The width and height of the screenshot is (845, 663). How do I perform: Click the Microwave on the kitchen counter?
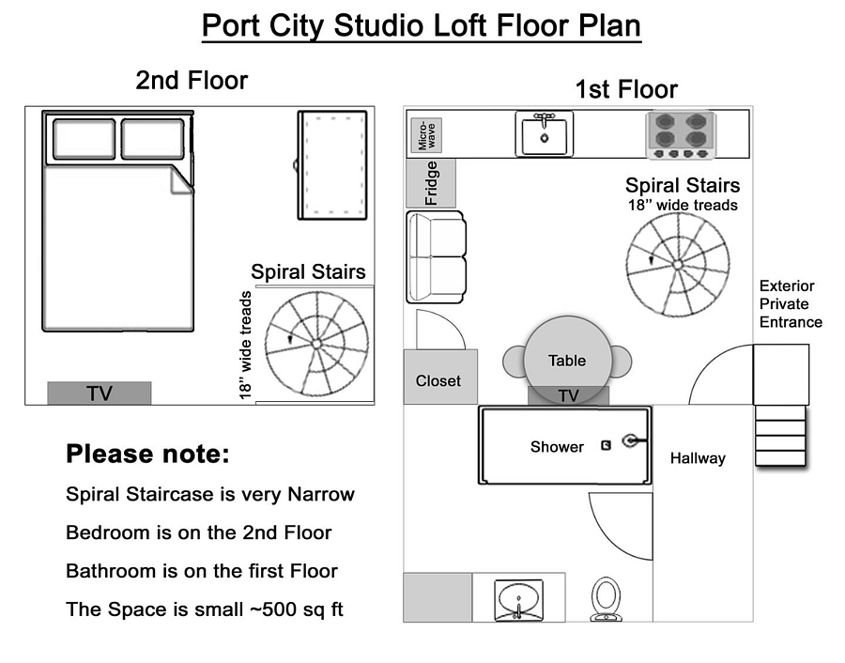426,134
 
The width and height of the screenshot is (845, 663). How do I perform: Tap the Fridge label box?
431,183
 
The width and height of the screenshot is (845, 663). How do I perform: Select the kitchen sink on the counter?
545,133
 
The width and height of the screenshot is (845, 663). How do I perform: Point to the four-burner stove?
681,134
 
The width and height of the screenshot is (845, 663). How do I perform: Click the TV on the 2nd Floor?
100,393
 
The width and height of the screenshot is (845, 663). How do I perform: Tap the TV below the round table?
568,395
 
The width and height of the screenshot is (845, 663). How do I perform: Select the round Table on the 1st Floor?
567,360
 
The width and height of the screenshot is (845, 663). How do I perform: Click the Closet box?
440,377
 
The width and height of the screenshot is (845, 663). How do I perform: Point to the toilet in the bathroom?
606,599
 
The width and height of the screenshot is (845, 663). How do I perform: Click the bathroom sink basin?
518,600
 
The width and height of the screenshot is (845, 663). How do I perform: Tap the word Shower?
557,447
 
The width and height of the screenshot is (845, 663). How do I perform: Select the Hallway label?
698,458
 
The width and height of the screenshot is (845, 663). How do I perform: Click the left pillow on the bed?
84,139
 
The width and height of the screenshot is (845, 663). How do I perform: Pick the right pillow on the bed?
152,139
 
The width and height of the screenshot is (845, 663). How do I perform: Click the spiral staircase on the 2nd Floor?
317,344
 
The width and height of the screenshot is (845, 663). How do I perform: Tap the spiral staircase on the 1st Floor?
678,264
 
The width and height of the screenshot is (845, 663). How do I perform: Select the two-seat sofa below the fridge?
436,257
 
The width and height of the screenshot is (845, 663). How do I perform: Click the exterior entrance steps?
780,436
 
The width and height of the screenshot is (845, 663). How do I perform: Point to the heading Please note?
147,454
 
